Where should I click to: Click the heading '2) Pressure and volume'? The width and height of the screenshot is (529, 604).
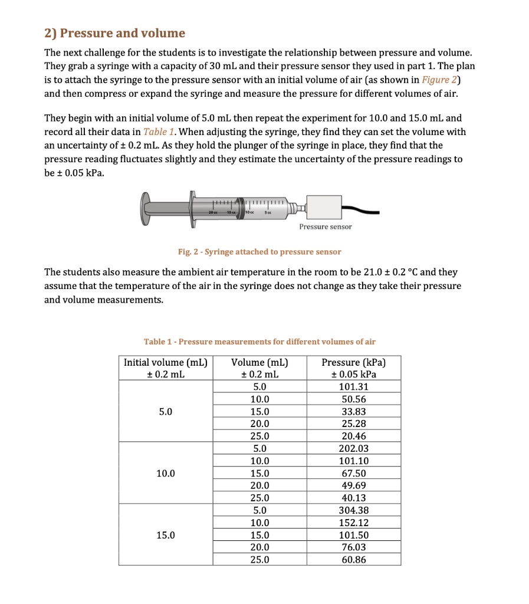115,33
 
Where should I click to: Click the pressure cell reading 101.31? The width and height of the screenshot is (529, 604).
354,387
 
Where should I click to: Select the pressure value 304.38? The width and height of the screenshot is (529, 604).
354,510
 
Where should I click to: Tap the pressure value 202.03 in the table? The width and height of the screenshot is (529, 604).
354,448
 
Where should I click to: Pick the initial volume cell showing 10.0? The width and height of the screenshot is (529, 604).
165,473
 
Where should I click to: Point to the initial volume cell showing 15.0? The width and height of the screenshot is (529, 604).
165,535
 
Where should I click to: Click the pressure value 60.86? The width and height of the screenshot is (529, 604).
354,559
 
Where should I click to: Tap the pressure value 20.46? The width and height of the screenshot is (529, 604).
354,436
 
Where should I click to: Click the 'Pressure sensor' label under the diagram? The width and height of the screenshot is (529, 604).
325,227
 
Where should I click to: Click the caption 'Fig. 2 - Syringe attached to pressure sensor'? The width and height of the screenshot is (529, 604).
259,252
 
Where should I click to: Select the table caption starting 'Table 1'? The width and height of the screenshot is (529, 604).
259,342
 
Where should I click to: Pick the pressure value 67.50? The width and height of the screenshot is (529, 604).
354,473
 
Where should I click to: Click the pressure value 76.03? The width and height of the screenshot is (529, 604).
354,547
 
